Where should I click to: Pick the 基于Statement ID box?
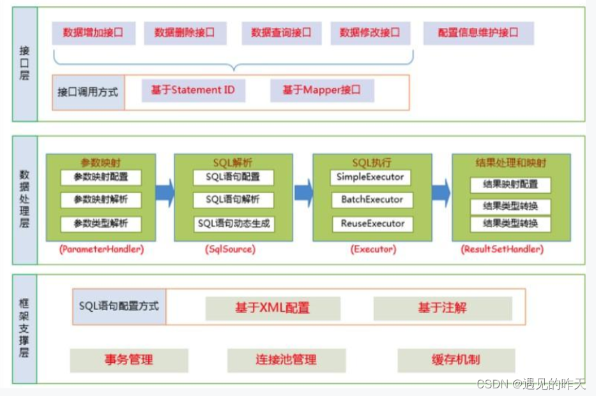pos(193,91)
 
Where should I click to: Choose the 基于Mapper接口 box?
pos(321,91)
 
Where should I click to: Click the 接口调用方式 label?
pos(88,92)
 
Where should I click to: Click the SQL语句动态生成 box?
pos(234,224)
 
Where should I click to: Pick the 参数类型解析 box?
pos(101,224)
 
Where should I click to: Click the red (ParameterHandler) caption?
pos(101,249)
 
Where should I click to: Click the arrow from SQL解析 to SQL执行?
pos(303,193)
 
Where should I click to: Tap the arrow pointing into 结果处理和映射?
pos(441,193)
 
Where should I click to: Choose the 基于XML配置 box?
pos(273,309)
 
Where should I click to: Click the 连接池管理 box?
pos(286,360)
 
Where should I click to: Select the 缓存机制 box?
pos(456,360)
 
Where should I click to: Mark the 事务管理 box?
pos(129,360)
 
